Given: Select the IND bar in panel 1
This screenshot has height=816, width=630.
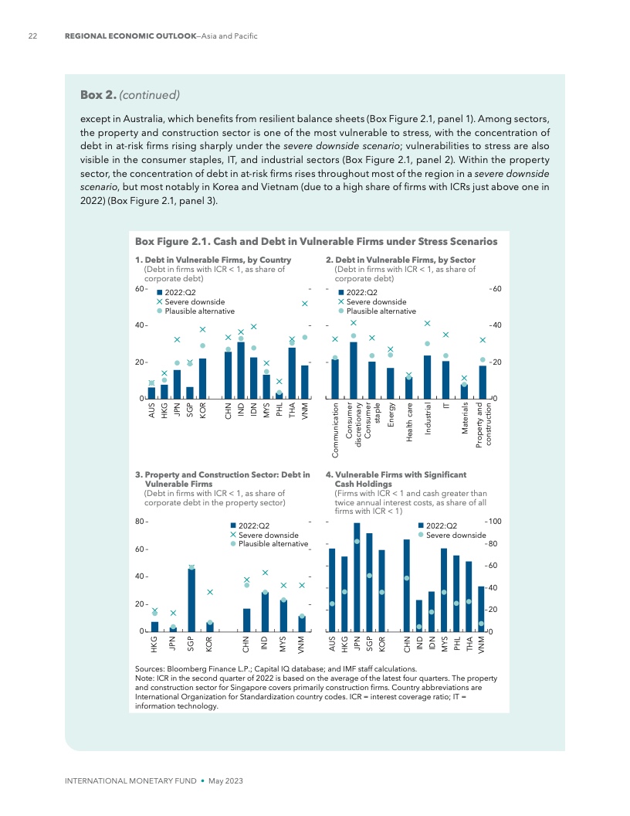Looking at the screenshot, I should coord(241,370).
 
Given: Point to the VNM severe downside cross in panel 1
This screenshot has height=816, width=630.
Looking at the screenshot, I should coord(305,304).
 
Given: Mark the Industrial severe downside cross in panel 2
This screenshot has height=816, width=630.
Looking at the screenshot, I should coord(427,324).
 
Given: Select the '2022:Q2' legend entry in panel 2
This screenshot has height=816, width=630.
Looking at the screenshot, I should coord(361,292).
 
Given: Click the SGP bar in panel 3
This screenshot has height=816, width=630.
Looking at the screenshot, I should coord(191,600).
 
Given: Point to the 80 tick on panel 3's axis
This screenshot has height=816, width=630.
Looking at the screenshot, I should coord(141,522).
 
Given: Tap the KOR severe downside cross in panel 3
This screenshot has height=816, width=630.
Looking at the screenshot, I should coord(209,592).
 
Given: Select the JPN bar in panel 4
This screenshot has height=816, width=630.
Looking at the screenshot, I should coord(357,577).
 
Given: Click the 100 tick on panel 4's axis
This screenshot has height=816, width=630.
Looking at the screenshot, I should coord(494,522).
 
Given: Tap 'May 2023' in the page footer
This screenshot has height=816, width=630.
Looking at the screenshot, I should coord(226,781).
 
